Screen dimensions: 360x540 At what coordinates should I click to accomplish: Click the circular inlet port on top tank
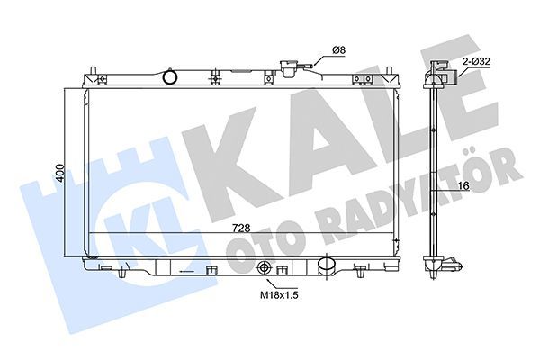[x=169, y=77]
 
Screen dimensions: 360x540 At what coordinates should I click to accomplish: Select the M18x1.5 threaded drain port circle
[x=265, y=268]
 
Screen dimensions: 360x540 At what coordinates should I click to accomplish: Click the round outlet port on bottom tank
[x=328, y=267]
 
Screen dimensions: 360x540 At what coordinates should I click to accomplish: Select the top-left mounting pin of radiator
[x=94, y=69]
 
